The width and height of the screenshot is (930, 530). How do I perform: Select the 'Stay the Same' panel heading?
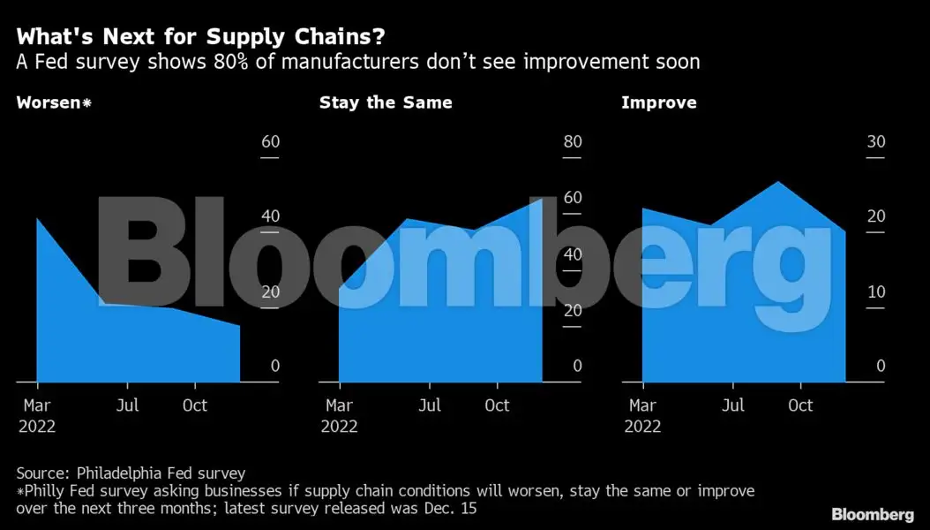[x=386, y=102]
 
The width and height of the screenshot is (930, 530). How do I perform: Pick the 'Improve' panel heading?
[x=658, y=102]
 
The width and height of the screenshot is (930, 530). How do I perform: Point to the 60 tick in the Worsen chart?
[x=269, y=142]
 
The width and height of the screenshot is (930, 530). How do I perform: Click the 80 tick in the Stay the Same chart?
[x=572, y=142]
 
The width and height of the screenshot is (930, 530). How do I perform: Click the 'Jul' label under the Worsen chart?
[x=127, y=405]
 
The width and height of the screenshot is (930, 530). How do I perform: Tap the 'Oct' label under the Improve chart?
[x=800, y=405]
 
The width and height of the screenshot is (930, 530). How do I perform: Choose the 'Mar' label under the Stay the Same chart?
[x=340, y=405]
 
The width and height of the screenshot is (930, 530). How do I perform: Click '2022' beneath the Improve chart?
[x=642, y=427]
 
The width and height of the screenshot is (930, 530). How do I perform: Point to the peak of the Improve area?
[x=777, y=182]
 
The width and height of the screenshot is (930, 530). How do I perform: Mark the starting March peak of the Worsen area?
[x=37, y=218]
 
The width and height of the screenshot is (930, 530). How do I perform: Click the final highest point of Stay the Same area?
[x=541, y=200]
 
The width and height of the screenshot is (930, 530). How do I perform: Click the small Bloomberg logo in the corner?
[x=872, y=514]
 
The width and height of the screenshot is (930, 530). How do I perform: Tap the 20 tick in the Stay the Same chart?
[x=572, y=310]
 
